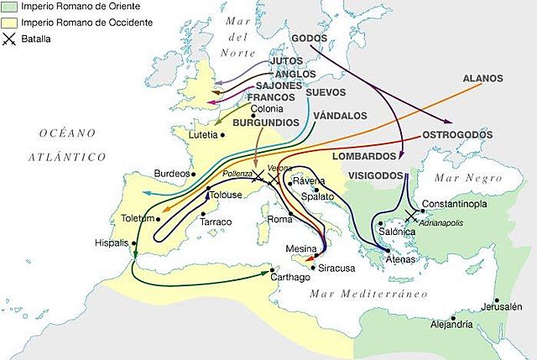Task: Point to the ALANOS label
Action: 482,78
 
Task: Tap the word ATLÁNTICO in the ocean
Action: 65,157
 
